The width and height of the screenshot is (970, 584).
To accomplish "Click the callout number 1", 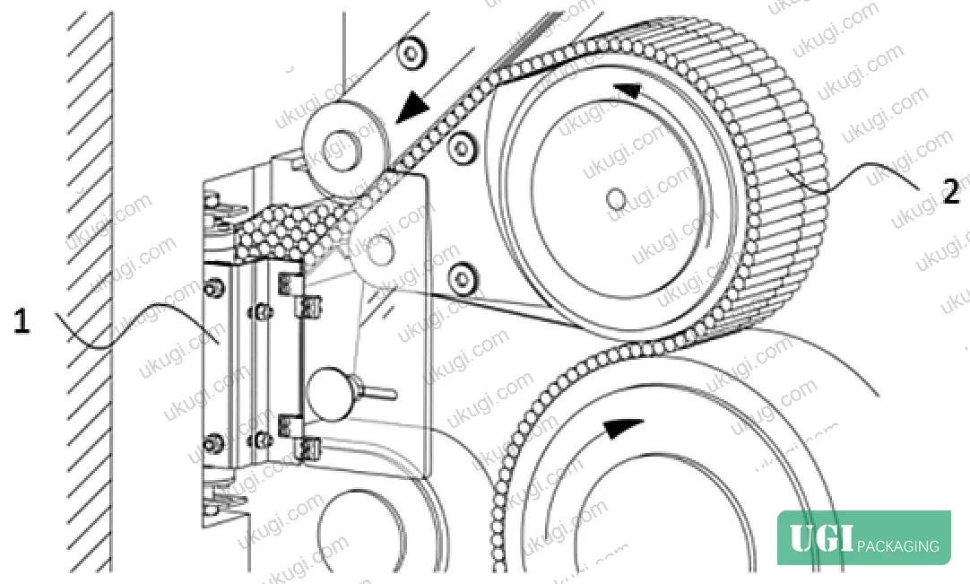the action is [22, 321].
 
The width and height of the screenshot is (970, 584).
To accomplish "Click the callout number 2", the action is [951, 191].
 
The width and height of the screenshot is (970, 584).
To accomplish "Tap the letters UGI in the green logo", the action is [821, 537].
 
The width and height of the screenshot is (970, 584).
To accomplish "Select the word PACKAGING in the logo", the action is [898, 545].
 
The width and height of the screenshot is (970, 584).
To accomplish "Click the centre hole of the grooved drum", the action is [616, 199].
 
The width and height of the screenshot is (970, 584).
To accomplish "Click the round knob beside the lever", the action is [328, 393].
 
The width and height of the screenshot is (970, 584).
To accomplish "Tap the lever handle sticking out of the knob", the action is [375, 392].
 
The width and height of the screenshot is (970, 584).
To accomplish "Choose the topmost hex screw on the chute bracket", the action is [411, 53].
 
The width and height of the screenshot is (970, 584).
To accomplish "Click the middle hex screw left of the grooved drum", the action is [461, 148].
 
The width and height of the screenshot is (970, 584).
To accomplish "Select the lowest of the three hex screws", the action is [462, 277].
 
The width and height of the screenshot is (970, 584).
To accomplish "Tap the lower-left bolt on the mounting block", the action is [213, 443].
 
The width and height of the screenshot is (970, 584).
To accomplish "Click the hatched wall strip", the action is [91, 291].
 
